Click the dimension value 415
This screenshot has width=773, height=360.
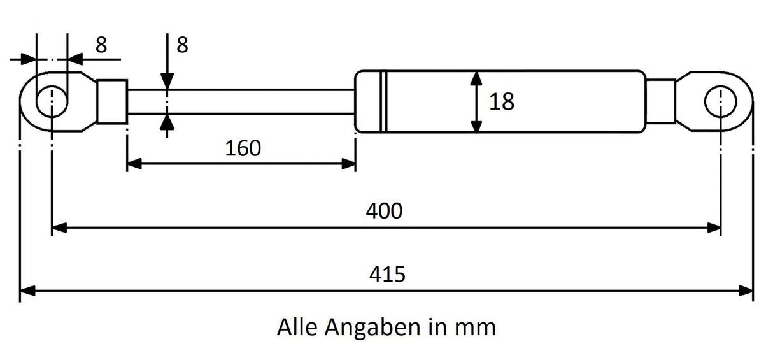(x=387, y=275)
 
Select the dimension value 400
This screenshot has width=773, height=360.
(x=384, y=211)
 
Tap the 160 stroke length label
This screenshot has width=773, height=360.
(x=243, y=148)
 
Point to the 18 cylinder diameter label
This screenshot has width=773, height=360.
(x=502, y=101)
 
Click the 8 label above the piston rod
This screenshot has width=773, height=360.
(x=182, y=45)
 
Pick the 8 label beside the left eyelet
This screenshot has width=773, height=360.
(x=101, y=45)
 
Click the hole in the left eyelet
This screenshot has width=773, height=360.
(x=52, y=101)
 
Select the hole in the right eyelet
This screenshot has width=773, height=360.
(x=721, y=101)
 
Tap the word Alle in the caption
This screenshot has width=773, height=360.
(x=297, y=327)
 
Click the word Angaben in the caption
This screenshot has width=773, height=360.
(x=372, y=328)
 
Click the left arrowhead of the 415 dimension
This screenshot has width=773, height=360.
(x=27, y=291)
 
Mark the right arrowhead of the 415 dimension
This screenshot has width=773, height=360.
(x=746, y=291)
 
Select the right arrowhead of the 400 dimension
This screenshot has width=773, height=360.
(x=713, y=228)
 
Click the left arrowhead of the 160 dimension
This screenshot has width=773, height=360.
(x=134, y=164)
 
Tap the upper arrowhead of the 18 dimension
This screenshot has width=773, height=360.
(x=476, y=79)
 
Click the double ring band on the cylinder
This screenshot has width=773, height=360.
(x=383, y=101)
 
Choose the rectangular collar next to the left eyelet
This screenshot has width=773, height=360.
(x=112, y=101)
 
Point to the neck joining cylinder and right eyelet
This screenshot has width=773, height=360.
(x=661, y=101)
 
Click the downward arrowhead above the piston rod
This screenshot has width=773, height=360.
(x=167, y=82)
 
